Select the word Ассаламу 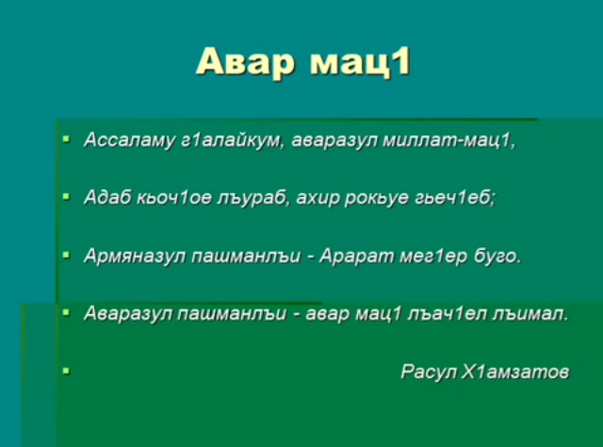tap(129, 141)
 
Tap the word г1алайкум tap(233, 141)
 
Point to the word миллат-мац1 tap(449, 141)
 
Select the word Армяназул tap(135, 256)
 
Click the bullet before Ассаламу tap(67, 139)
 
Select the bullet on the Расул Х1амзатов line tap(67, 371)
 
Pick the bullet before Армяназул tap(67, 255)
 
